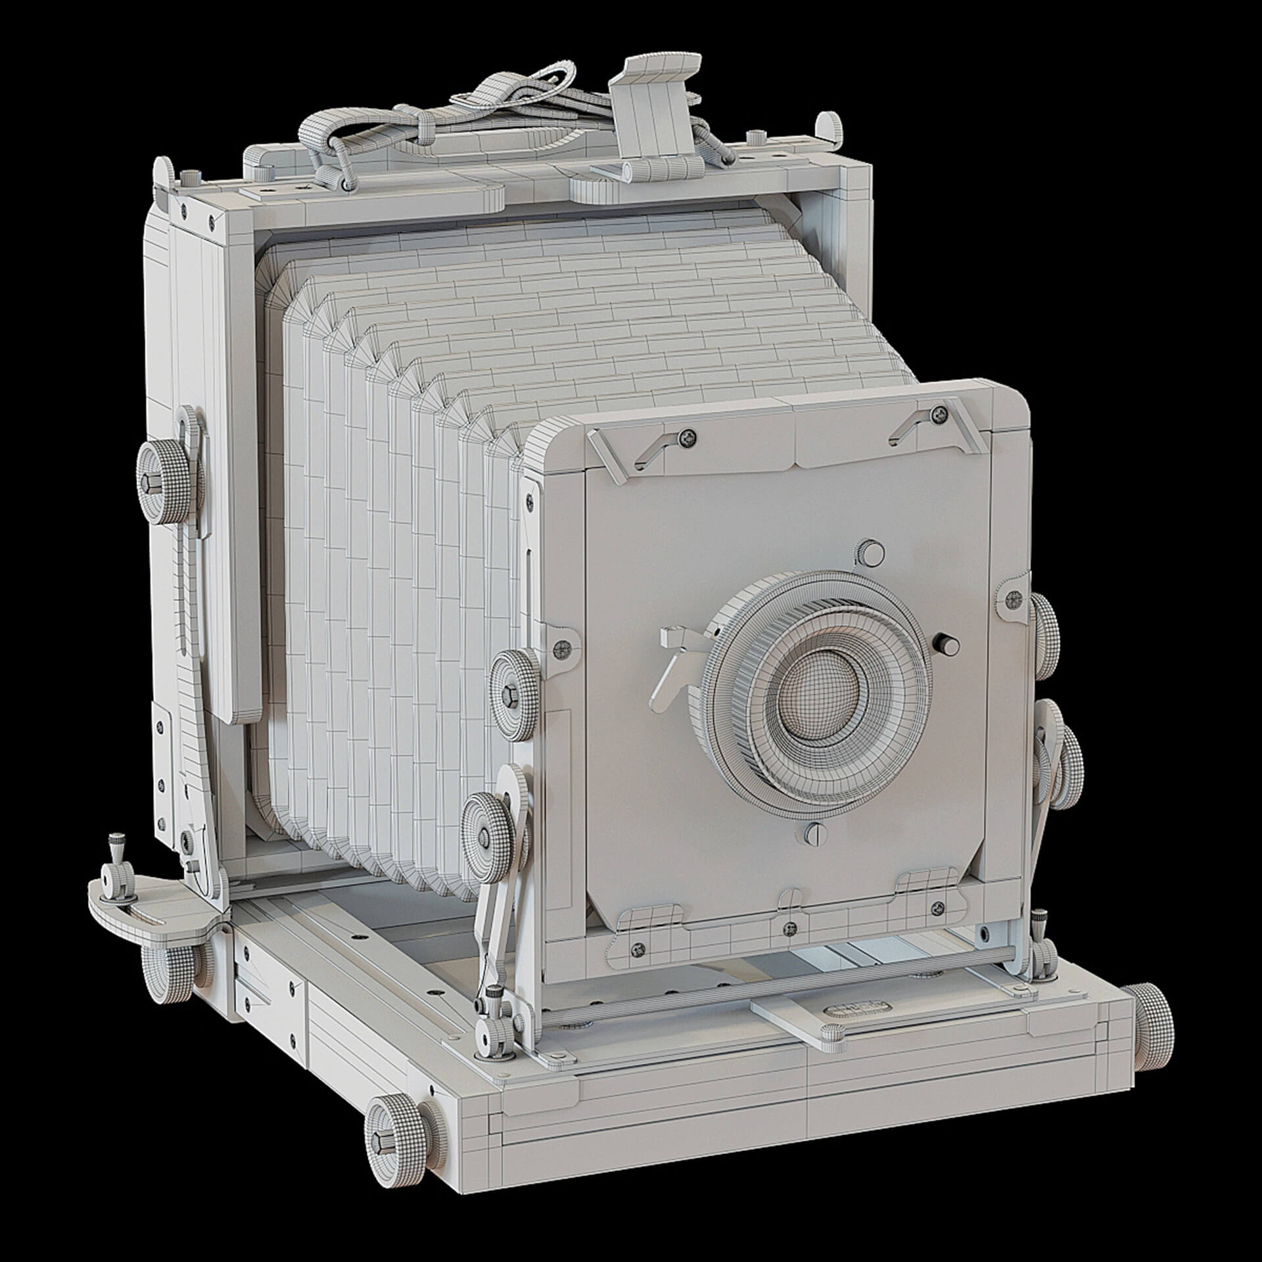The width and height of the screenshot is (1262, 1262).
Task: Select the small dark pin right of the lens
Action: click(947, 642)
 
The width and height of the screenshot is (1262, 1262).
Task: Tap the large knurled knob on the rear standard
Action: click(161, 484)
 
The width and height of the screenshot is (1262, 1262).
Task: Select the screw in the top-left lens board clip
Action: click(688, 437)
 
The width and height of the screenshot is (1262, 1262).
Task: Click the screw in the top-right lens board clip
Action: click(939, 414)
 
